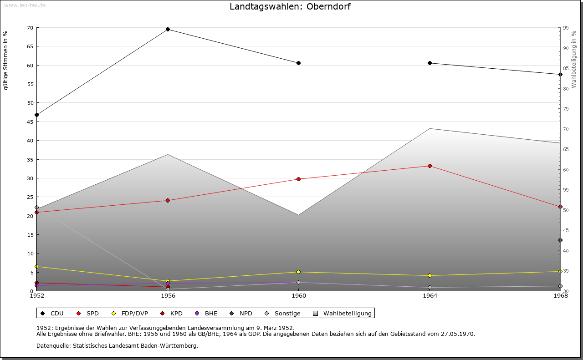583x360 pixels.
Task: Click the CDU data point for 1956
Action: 168,30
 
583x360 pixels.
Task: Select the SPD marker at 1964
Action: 430,166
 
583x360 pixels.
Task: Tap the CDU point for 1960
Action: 299,63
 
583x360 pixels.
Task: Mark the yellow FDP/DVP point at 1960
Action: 299,272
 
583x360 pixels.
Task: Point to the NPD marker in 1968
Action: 560,240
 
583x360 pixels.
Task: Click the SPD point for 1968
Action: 560,207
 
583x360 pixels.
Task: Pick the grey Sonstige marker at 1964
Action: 430,288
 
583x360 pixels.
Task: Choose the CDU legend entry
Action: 52,314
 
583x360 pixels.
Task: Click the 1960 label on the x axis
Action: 299,296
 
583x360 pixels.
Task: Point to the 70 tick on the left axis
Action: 30,28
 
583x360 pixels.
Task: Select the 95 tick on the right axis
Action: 565,28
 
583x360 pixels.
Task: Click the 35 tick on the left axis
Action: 30,160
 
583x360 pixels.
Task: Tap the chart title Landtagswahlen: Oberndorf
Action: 290,7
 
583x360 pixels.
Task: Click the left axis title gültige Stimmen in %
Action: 6,60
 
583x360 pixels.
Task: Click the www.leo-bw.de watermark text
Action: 24,5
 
